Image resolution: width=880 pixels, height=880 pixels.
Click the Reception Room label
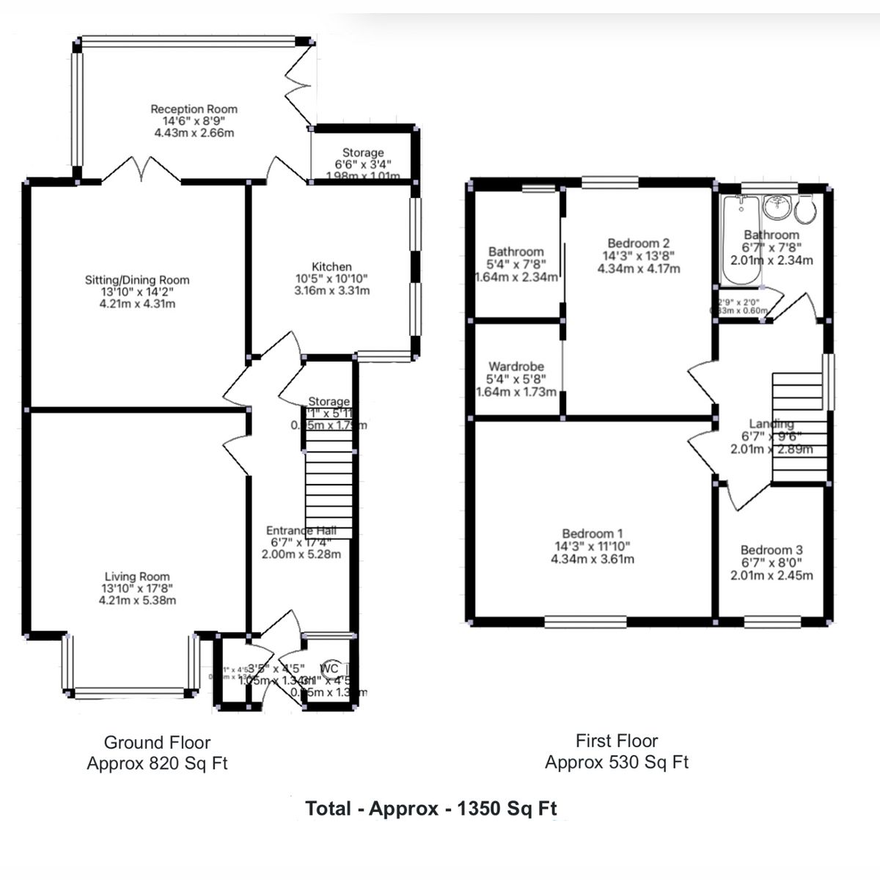194,109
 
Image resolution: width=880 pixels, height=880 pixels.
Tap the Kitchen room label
331,267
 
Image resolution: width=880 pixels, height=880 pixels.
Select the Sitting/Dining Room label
137,280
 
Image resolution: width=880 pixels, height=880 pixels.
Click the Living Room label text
137,577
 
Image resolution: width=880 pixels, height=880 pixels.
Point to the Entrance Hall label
301,531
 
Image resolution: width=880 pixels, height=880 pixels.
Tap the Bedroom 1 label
593,534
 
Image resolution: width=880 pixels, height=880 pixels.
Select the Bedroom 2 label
638,243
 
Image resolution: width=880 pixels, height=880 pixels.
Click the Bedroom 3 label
771,550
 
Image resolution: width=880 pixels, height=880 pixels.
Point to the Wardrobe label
516,367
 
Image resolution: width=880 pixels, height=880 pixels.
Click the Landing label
771,424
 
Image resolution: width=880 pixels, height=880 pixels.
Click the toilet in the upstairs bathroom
804,210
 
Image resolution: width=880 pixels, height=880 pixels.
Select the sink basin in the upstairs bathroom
775,208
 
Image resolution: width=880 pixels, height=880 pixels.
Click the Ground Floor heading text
157,742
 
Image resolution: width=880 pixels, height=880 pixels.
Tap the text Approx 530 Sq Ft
616,763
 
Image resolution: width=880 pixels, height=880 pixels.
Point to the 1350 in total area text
480,809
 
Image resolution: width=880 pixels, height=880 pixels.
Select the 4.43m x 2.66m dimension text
194,133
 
